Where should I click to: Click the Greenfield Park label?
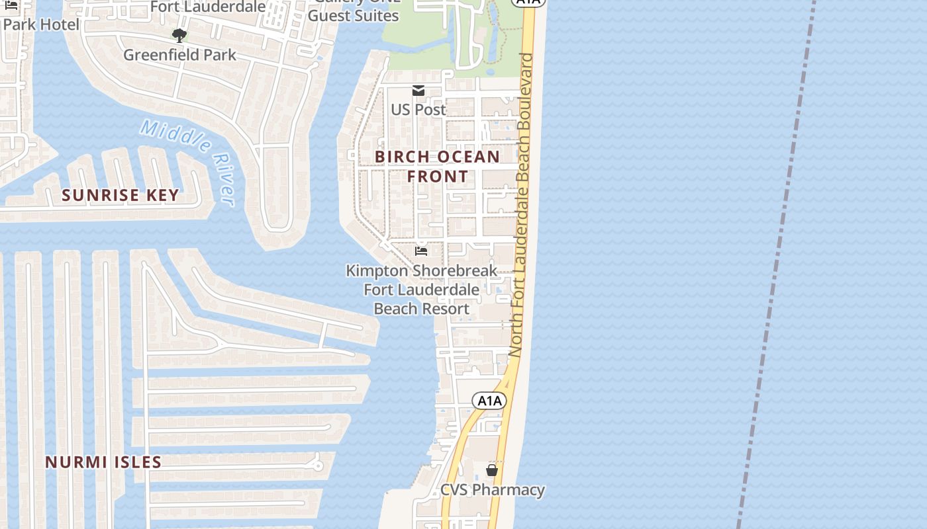(x=179, y=55)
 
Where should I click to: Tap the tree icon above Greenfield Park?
(x=179, y=35)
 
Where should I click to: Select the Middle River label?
(x=187, y=161)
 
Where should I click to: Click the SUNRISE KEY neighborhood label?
(x=120, y=195)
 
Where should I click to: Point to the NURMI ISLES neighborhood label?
(x=103, y=462)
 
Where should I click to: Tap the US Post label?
(x=418, y=110)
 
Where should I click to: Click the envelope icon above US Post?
(x=418, y=91)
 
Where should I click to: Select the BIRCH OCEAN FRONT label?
(x=438, y=167)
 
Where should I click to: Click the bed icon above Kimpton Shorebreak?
(x=420, y=251)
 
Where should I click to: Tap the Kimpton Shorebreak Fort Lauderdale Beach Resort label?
(x=422, y=290)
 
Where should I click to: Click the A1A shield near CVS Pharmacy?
(x=489, y=400)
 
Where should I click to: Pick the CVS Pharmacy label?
(x=493, y=490)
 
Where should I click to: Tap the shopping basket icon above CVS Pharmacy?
(x=492, y=470)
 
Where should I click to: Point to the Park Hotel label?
(x=41, y=24)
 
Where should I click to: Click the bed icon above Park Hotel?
(x=11, y=6)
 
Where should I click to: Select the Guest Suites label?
(x=354, y=15)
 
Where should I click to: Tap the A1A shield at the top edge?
(x=528, y=2)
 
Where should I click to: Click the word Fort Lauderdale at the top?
(x=208, y=7)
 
